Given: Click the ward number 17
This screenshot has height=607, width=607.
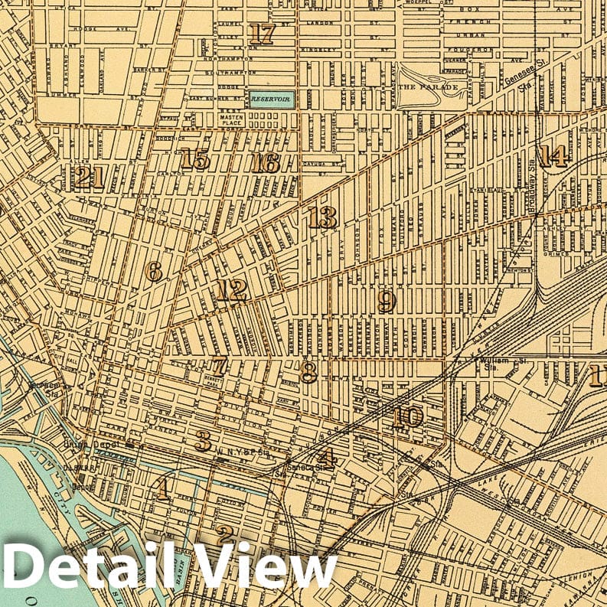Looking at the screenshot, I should coord(261,34).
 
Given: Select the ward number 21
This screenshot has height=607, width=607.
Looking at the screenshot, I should coord(89,178).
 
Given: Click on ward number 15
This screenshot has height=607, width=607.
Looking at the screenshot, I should coord(195,160).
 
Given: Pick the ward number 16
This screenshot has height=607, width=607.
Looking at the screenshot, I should coord(265,162).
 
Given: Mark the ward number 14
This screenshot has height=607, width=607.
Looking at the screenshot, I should coord(553,156).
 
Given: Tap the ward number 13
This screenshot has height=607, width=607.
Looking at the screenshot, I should coord(322,218).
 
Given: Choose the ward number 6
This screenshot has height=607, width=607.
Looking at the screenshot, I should coord(154,272).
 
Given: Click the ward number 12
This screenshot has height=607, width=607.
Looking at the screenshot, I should coord(230,290).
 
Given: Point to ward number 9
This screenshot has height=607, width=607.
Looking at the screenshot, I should coord(387,302).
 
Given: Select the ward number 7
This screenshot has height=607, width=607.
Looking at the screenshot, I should coord(220,366).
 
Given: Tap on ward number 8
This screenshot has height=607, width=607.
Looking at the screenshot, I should coord(308,373).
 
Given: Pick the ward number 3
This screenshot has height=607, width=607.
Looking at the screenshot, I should coord(203,441).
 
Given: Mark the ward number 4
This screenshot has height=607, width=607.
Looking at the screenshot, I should coord(328,459).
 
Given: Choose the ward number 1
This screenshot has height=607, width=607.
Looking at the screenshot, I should coord(162,488).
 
